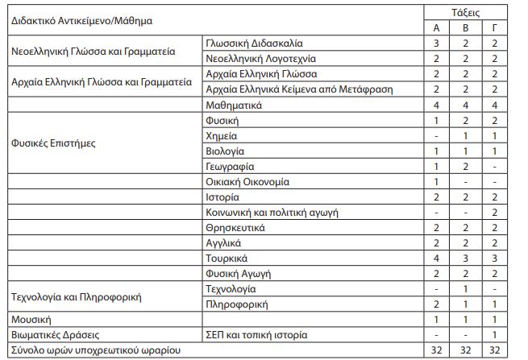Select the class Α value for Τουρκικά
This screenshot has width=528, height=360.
pyautogui.click(x=435, y=259)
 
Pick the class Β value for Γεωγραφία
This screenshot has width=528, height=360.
pyautogui.click(x=464, y=167)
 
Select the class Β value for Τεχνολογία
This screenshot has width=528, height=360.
pyautogui.click(x=464, y=289)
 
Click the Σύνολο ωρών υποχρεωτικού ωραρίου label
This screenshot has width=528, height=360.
pyautogui.click(x=95, y=350)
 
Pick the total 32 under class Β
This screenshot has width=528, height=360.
pyautogui.click(x=464, y=350)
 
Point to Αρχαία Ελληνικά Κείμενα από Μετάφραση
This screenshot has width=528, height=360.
pyautogui.click(x=299, y=90)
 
